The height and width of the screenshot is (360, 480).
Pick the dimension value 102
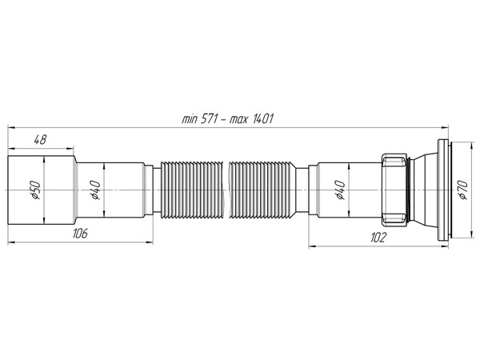click(378, 236)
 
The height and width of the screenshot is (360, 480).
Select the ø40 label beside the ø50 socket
click(94, 190)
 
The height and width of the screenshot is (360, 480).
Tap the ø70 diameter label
click(462, 190)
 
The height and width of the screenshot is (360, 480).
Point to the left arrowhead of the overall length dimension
click(10, 126)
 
